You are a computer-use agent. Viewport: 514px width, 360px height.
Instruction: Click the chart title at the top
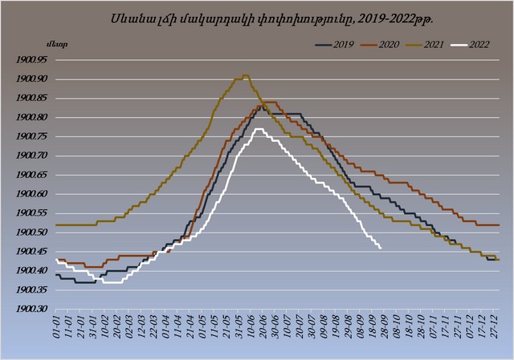(x=271, y=19)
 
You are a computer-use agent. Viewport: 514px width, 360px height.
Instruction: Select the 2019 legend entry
(x=335, y=45)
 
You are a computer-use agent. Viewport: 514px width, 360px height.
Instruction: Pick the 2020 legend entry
(x=380, y=45)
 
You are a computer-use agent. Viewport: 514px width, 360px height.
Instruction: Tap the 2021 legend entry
(x=425, y=45)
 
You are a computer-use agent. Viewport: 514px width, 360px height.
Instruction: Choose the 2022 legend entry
(x=470, y=45)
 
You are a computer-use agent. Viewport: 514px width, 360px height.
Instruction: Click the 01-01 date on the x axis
(x=59, y=327)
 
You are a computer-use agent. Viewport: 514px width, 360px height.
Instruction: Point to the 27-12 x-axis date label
(x=496, y=327)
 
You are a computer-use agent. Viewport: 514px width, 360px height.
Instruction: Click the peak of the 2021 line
(x=246, y=75)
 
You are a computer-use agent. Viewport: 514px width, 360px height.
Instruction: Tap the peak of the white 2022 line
(x=259, y=129)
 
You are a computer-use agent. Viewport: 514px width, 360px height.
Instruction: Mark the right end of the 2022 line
(x=380, y=249)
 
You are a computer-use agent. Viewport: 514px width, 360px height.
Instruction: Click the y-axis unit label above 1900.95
(x=57, y=45)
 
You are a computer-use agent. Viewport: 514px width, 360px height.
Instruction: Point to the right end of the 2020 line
(x=499, y=224)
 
